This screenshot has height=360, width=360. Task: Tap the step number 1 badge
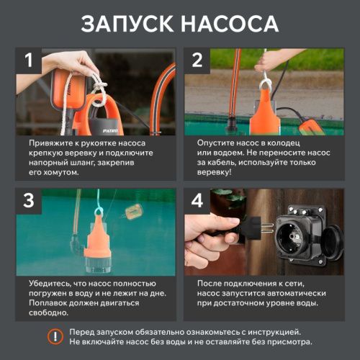[x=29, y=61]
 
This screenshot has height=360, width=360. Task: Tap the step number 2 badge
[x=197, y=61]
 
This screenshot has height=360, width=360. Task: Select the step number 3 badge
[x=29, y=202]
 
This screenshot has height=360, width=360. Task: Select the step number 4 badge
[x=197, y=202]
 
